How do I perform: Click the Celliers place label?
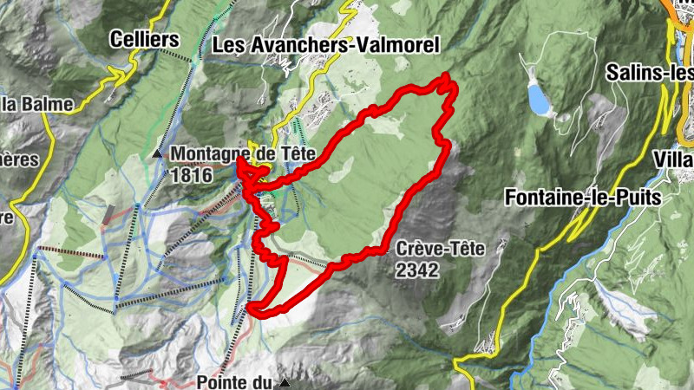coord(144,39)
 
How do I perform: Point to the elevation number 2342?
coord(418,270)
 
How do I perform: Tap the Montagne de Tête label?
coord(242,153)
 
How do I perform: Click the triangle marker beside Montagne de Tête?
coord(157,154)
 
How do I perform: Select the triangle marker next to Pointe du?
coord(284,381)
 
